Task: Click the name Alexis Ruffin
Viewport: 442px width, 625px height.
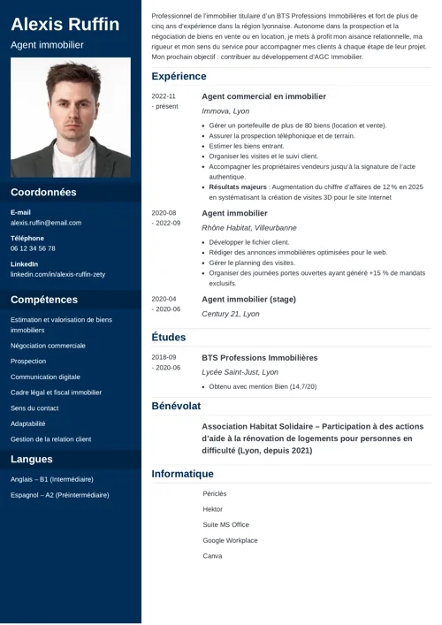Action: coord(65,24)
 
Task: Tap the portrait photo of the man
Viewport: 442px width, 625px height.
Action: coord(71,118)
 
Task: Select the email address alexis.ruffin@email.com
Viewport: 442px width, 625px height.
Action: coord(46,223)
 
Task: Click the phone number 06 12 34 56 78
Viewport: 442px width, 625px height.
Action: coord(33,248)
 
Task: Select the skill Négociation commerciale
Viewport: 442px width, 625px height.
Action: coord(48,346)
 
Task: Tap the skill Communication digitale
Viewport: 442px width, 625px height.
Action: coord(45,377)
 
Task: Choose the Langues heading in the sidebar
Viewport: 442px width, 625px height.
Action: coord(32,459)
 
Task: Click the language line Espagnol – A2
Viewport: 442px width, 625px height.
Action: coord(59,495)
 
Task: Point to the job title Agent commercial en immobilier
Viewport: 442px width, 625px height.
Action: coord(263,96)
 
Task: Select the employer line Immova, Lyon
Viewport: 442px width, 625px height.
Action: coord(225,111)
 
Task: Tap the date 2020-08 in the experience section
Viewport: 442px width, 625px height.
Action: coord(164,213)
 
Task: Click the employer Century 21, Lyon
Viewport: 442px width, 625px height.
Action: coord(231,314)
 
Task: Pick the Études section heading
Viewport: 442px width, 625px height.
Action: coord(168,337)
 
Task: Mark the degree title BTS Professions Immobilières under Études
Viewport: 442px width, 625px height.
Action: coord(259,358)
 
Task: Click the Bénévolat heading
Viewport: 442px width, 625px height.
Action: coord(176,406)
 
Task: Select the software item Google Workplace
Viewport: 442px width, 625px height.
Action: coord(230,540)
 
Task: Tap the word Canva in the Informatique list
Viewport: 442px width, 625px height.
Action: coord(212,556)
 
